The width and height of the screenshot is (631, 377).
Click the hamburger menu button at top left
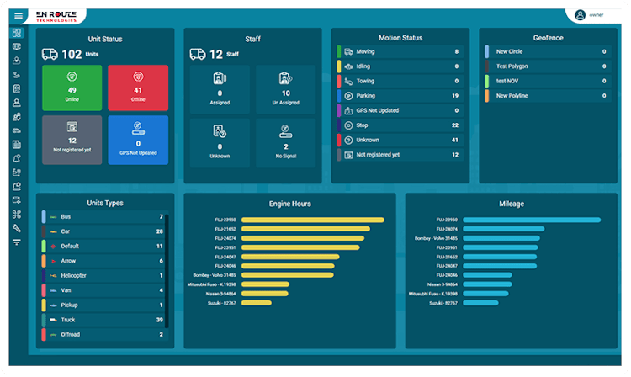point(18,15)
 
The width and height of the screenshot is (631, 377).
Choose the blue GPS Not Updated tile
point(137,140)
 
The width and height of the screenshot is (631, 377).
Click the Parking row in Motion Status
point(400,96)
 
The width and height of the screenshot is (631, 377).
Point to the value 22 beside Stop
point(455,125)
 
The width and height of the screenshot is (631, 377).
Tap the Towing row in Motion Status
point(400,81)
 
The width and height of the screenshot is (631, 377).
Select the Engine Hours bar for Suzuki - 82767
point(232,303)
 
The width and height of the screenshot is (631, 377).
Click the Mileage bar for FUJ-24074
point(503,229)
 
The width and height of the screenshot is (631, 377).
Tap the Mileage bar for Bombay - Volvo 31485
point(501,238)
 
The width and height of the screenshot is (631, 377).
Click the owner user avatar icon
point(580,14)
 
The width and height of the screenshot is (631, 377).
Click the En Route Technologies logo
point(56,15)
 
